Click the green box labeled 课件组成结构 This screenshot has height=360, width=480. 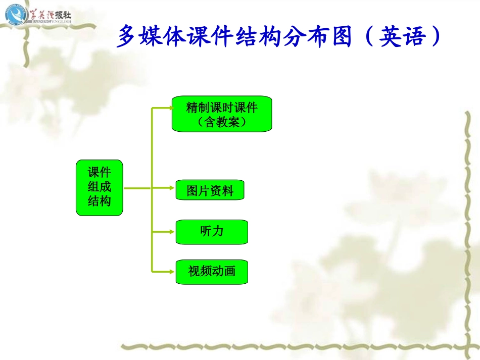(x=100, y=188)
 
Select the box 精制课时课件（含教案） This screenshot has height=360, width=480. (x=222, y=114)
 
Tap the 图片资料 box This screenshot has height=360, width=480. (x=210, y=191)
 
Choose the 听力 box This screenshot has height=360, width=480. (x=212, y=232)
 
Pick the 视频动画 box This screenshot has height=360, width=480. (x=212, y=272)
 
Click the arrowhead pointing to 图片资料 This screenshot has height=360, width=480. (x=171, y=188)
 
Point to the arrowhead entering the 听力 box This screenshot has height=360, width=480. (x=171, y=232)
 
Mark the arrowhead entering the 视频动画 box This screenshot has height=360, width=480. (x=171, y=272)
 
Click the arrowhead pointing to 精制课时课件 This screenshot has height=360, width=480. (x=168, y=108)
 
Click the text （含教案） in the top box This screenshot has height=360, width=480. (x=222, y=122)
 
